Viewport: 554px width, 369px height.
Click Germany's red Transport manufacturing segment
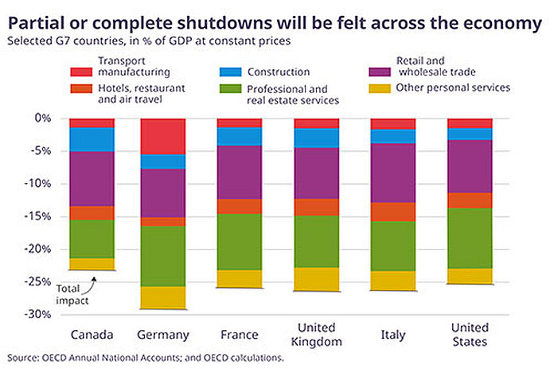point(162,136)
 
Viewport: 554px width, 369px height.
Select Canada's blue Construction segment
point(92,139)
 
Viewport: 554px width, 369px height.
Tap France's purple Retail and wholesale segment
point(240,172)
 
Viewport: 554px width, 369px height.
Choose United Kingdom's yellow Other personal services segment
point(317,278)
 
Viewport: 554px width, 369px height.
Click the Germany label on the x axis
point(162,334)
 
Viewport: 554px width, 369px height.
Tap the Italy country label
point(394,334)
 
